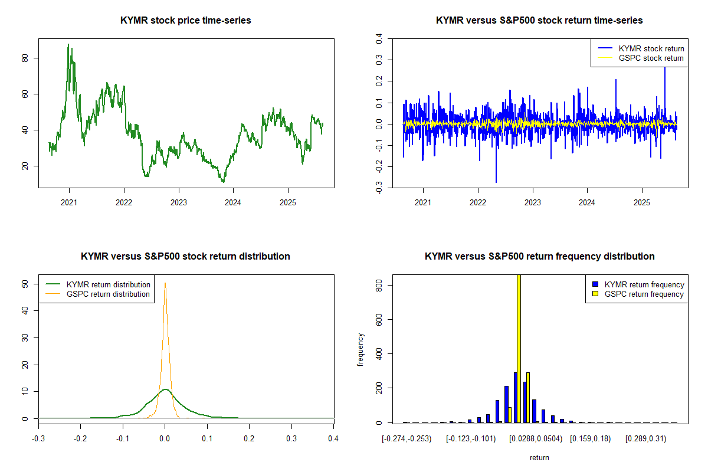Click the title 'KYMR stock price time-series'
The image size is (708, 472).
(185, 21)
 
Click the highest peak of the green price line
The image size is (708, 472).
(68, 44)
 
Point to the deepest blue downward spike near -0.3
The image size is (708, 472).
(496, 182)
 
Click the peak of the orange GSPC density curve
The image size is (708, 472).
(165, 283)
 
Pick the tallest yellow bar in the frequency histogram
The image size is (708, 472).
(519, 348)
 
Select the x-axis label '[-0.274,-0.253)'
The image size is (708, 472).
(407, 439)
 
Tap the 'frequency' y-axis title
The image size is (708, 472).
(360, 349)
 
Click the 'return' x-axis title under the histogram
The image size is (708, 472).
(539, 457)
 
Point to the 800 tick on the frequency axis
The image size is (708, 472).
(379, 285)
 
